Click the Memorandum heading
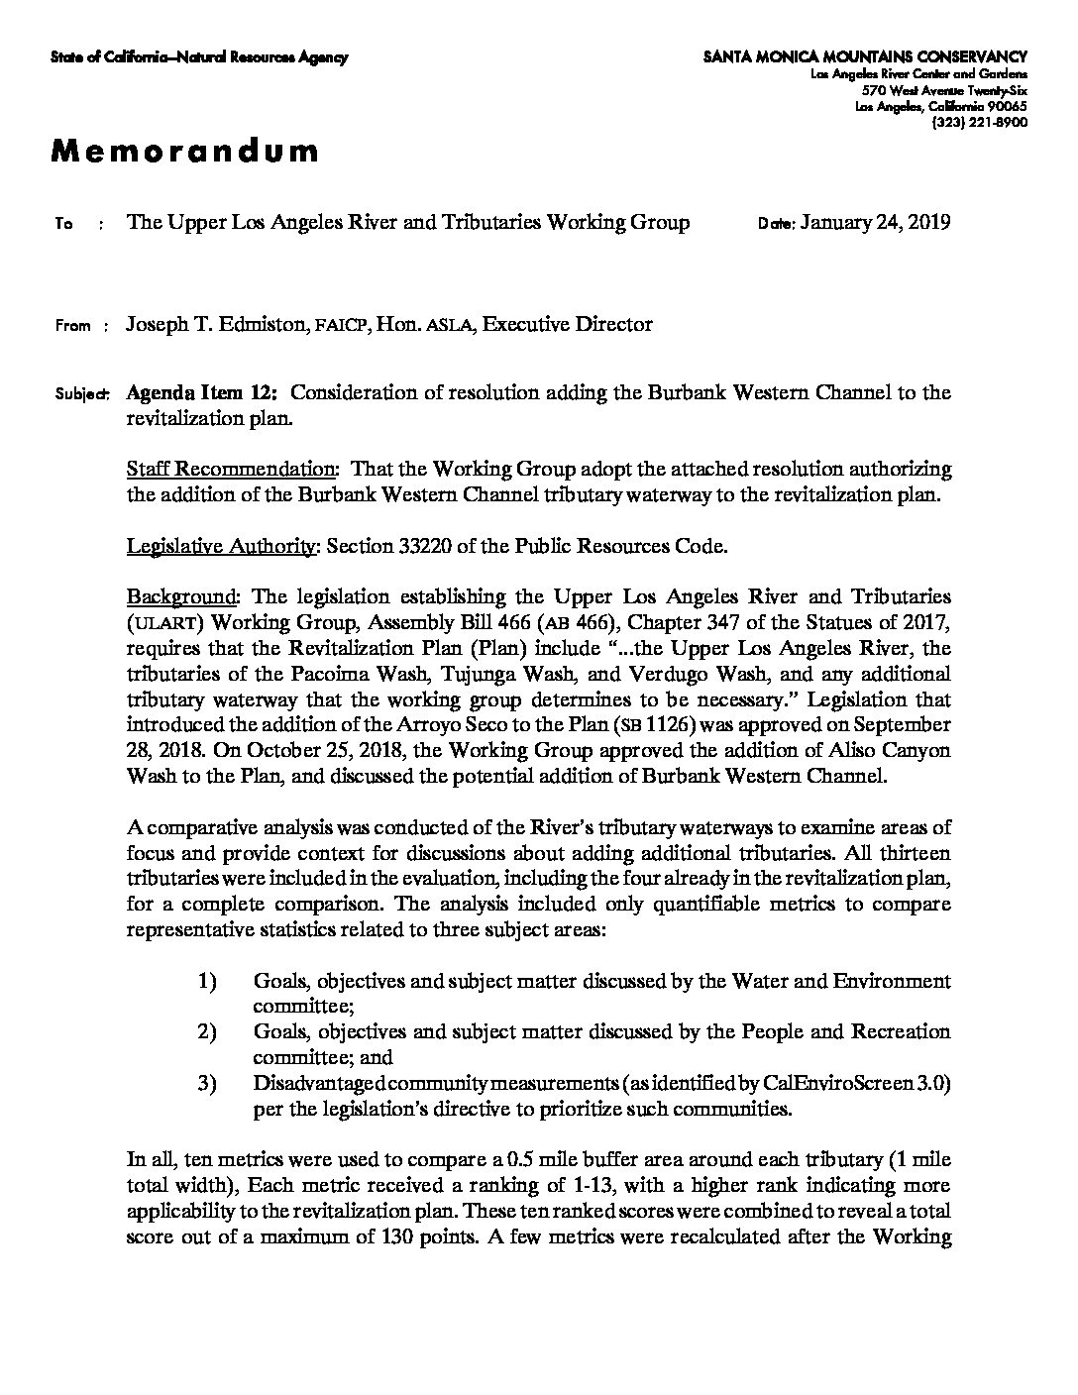pos(185,151)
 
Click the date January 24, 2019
pos(875,222)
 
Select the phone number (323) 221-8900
pos(979,122)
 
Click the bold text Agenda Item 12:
pos(202,392)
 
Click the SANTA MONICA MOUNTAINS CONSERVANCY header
pos(865,57)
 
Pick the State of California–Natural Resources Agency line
pos(199,58)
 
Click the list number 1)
pos(206,981)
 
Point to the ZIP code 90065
pos(1005,107)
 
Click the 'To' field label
pos(63,224)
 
